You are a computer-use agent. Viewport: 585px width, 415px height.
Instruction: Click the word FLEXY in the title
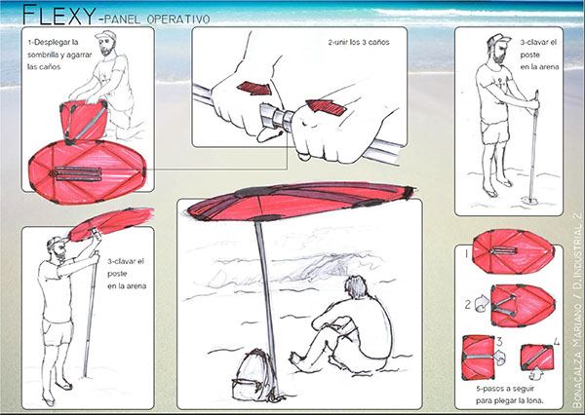click(58, 15)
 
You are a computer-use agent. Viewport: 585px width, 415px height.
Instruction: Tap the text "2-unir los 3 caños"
click(359, 42)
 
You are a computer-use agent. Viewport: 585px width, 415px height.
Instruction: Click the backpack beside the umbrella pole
click(254, 375)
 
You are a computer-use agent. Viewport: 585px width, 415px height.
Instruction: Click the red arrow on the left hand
click(254, 88)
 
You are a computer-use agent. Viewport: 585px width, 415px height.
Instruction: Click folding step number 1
click(466, 254)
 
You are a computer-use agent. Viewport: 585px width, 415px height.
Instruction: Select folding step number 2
click(468, 305)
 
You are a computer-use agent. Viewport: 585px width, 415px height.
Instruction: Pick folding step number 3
click(499, 342)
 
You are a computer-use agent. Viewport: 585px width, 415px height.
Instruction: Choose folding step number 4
click(557, 342)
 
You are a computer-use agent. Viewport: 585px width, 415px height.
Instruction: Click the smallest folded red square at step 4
click(537, 357)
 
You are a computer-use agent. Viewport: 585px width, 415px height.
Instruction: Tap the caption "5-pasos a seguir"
click(505, 389)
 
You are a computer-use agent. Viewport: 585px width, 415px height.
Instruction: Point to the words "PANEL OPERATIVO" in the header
click(157, 19)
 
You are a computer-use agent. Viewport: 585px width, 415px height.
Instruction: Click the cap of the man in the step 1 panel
click(106, 36)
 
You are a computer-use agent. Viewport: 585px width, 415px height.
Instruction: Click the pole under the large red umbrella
click(266, 307)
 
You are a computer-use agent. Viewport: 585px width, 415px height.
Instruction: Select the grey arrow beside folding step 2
click(482, 303)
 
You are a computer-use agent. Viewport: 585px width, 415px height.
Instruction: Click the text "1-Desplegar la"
click(53, 42)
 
